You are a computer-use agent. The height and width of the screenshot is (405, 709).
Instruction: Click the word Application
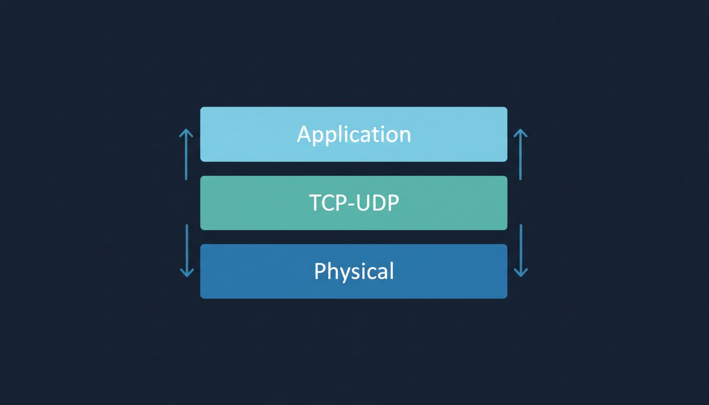click(354, 134)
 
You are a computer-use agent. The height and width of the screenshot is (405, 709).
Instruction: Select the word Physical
click(354, 272)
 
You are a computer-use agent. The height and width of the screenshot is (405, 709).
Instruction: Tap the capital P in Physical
click(320, 271)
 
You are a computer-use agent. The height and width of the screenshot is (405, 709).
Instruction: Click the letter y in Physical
click(343, 274)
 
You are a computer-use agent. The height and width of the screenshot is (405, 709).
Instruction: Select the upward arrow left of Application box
click(186, 155)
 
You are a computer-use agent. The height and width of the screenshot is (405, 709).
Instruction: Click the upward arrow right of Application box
click(521, 155)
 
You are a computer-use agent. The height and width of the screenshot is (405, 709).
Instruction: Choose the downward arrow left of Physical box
click(186, 250)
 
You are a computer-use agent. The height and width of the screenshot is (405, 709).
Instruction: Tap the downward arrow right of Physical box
click(521, 250)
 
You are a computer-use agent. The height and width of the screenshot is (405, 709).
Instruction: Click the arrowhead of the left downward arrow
click(186, 273)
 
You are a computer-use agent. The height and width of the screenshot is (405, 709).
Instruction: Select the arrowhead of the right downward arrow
click(521, 273)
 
